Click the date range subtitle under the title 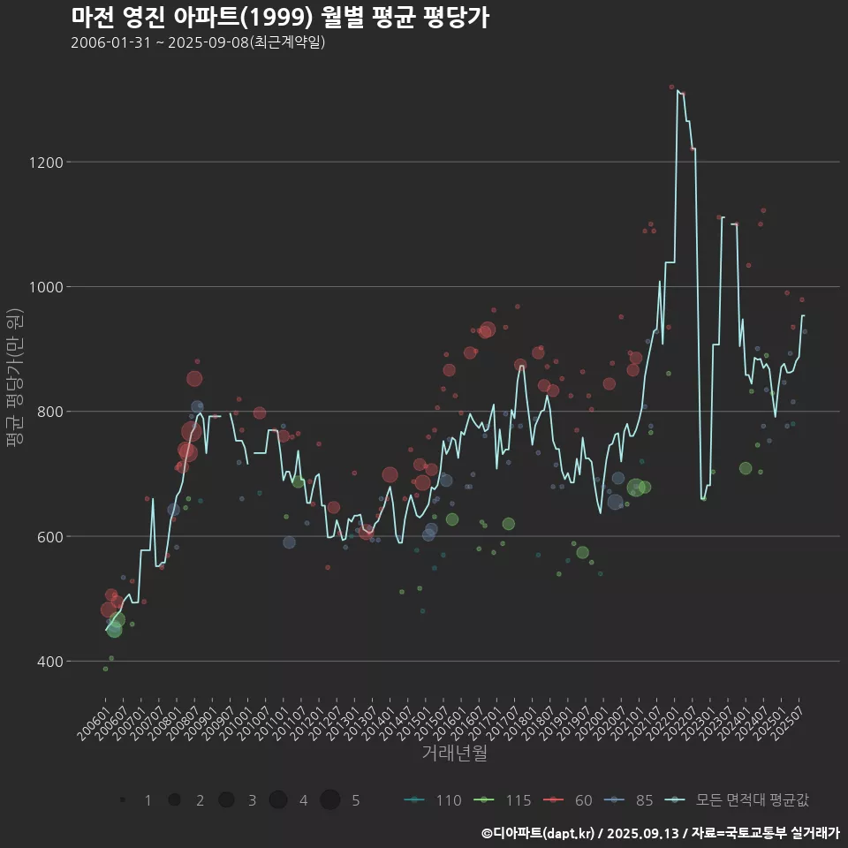pyautogui.click(x=199, y=42)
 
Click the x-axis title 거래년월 pyautogui.click(x=454, y=753)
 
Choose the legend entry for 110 pyautogui.click(x=433, y=800)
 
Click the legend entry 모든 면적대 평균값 pyautogui.click(x=738, y=800)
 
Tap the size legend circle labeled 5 pyautogui.click(x=330, y=800)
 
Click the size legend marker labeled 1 pyautogui.click(x=124, y=800)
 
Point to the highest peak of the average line pyautogui.click(x=678, y=90)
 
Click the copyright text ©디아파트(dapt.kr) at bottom pyautogui.click(x=539, y=833)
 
